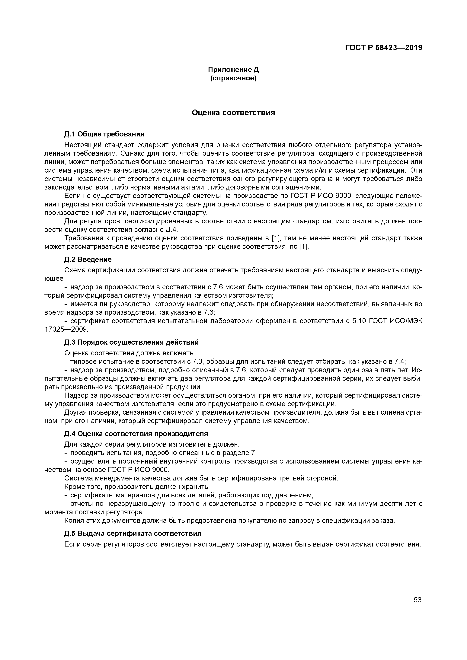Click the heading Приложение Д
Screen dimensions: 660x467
point(233,70)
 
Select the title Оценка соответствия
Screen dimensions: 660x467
point(233,113)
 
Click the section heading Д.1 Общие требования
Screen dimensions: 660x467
point(104,134)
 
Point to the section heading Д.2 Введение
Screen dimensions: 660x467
point(88,260)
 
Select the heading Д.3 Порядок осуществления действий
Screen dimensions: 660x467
point(131,342)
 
